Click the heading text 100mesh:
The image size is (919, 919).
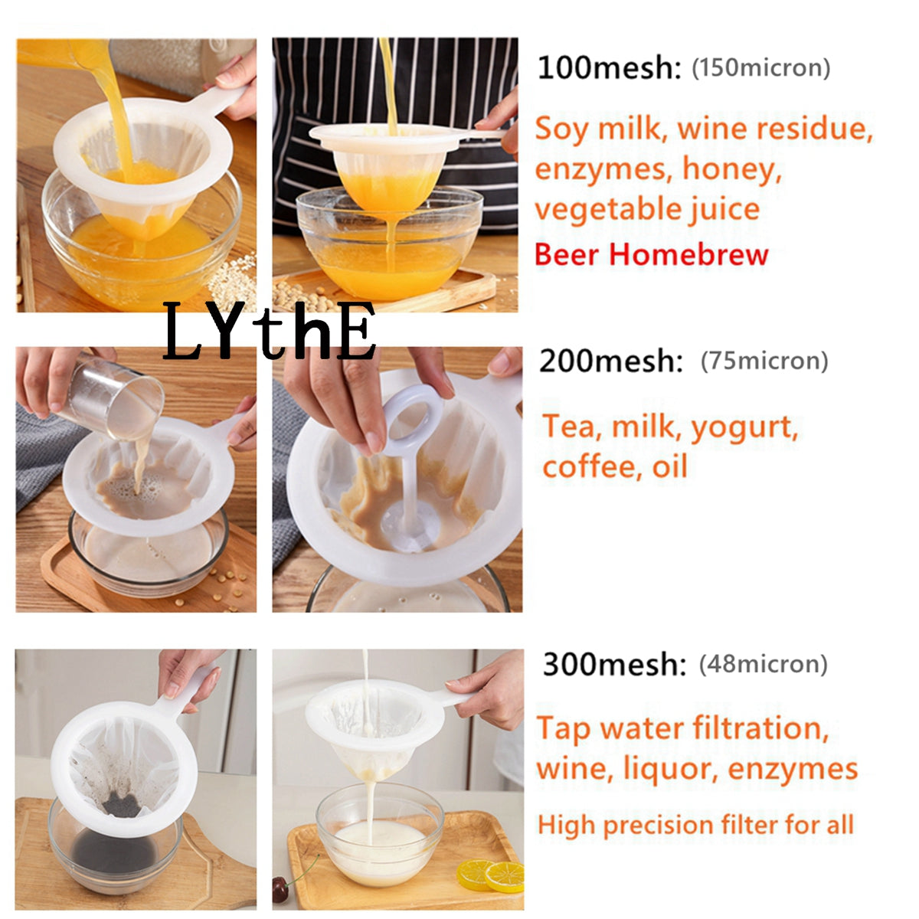click(609, 67)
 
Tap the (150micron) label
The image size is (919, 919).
click(760, 67)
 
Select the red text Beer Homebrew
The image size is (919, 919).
click(651, 254)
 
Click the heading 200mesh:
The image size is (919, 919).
click(610, 361)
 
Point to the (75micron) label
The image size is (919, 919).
click(764, 361)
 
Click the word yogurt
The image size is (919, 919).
click(744, 428)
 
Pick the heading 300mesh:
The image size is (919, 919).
click(613, 664)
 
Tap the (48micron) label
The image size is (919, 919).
click(763, 664)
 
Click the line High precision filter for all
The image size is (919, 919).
click(695, 825)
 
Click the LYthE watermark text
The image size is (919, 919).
click(270, 332)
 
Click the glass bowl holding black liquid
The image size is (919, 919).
click(115, 850)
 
